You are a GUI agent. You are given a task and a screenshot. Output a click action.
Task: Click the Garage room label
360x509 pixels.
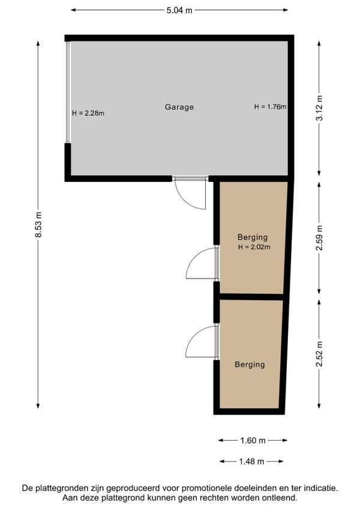pos(179,107)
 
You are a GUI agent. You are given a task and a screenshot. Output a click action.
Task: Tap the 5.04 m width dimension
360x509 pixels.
pos(179,10)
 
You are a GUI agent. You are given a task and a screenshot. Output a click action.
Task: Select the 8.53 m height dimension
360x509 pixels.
pos(38,224)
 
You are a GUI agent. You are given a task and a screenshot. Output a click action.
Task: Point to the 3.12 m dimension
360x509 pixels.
pos(319,108)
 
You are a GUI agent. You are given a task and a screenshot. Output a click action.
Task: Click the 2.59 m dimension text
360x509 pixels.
pos(319,238)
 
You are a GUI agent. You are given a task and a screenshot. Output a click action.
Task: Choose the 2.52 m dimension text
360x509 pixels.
pos(319,354)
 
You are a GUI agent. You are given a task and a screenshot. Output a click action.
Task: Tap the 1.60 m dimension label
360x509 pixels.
pos(253,441)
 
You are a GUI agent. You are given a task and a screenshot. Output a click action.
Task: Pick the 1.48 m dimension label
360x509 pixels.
pos(251,461)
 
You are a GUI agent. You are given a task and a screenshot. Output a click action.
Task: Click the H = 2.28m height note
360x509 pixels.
pos(88,113)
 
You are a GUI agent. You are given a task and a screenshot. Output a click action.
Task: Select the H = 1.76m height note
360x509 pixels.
pos(271,106)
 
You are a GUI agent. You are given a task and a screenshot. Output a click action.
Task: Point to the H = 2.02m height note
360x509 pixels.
pos(254,247)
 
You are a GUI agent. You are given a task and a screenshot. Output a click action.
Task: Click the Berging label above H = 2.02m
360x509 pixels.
pos(253,237)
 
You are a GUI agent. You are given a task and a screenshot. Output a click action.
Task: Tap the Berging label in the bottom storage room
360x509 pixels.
pos(250,364)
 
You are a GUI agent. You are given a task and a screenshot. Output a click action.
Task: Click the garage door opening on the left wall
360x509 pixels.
pos(68,92)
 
